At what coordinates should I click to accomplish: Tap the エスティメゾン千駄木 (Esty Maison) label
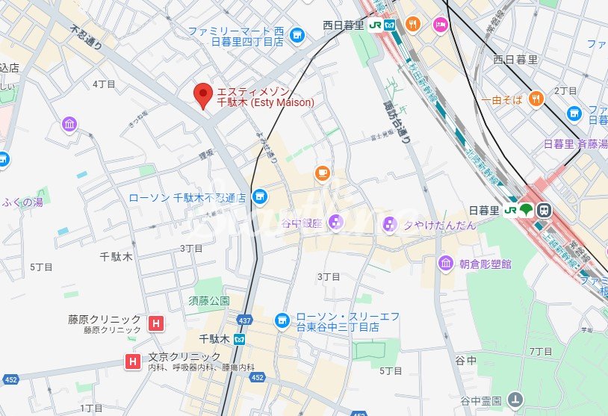(x=265, y=96)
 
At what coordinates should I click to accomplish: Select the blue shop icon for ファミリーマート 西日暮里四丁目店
(x=297, y=35)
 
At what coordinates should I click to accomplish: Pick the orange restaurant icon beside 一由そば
(x=536, y=99)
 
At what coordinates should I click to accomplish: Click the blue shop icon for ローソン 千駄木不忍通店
(x=259, y=197)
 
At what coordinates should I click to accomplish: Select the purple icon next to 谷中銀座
(x=335, y=223)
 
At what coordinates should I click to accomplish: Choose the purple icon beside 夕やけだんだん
(x=389, y=224)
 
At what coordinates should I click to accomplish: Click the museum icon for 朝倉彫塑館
(x=446, y=264)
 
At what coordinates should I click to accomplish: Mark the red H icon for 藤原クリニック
(x=155, y=323)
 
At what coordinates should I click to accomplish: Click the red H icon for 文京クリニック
(x=133, y=361)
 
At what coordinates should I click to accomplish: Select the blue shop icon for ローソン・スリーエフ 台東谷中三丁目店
(x=282, y=320)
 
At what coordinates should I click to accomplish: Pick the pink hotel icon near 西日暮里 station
(x=440, y=25)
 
